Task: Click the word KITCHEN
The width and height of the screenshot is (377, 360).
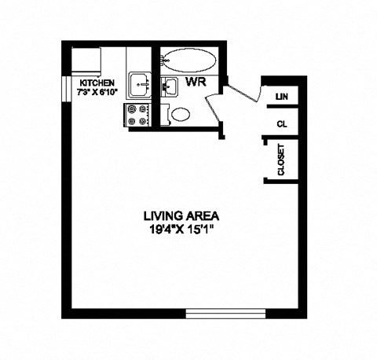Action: tap(97, 83)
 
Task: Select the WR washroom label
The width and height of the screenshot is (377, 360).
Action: tap(195, 81)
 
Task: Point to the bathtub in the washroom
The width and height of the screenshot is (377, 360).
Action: tap(191, 61)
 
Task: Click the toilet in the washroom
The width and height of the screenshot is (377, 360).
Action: tap(180, 114)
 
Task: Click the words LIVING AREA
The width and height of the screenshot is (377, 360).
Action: tap(181, 215)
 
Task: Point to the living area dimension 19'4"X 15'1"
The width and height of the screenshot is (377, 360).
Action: tap(181, 230)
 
